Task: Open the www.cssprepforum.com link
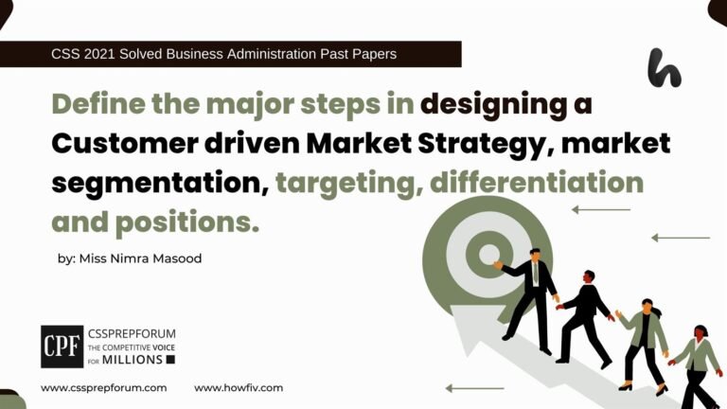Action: [104, 388]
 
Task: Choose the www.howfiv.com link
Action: [239, 388]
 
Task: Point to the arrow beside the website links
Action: [474, 388]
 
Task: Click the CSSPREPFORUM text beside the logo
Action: [131, 334]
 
